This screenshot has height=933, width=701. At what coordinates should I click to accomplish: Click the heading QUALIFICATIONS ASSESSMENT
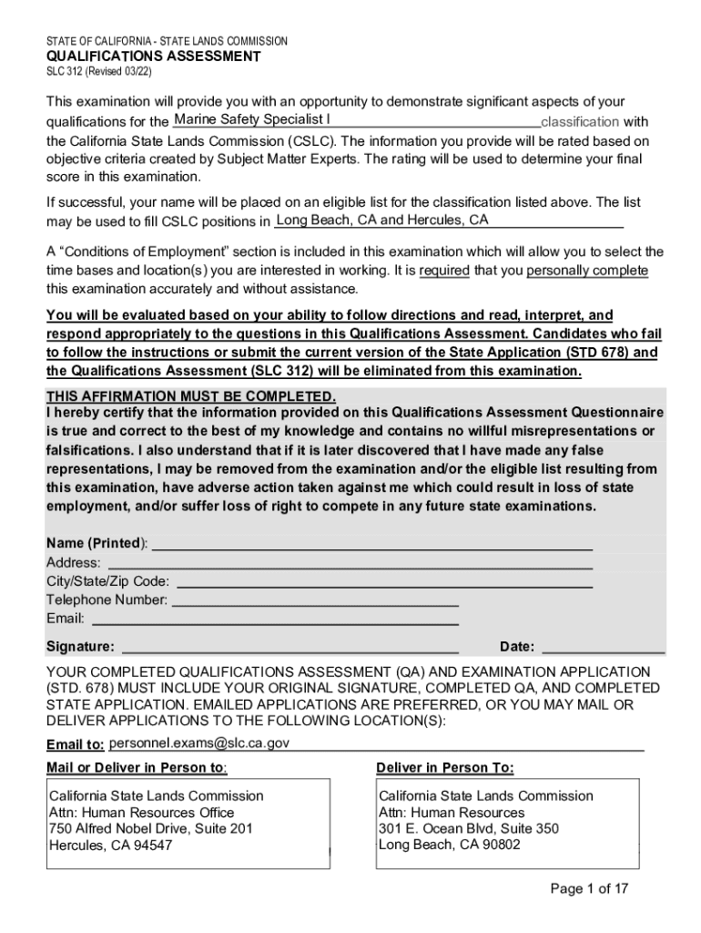(x=154, y=56)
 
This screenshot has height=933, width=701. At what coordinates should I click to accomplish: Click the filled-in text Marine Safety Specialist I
(x=252, y=120)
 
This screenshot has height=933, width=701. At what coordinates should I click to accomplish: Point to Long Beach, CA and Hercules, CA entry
(x=382, y=220)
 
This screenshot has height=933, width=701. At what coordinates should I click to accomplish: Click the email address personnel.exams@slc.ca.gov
(x=199, y=743)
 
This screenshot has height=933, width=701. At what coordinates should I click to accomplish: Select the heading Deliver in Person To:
(x=444, y=767)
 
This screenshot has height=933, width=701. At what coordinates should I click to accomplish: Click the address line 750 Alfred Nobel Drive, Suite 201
(x=150, y=828)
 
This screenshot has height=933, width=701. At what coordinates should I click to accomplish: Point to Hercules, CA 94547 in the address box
(x=110, y=845)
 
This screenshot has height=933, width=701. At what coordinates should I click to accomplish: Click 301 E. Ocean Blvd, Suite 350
(x=468, y=828)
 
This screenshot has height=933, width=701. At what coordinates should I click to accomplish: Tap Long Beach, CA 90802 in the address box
(x=449, y=845)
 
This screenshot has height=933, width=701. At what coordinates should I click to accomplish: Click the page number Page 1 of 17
(x=589, y=889)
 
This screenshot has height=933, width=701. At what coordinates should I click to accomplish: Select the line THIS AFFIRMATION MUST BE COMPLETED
(x=191, y=397)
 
